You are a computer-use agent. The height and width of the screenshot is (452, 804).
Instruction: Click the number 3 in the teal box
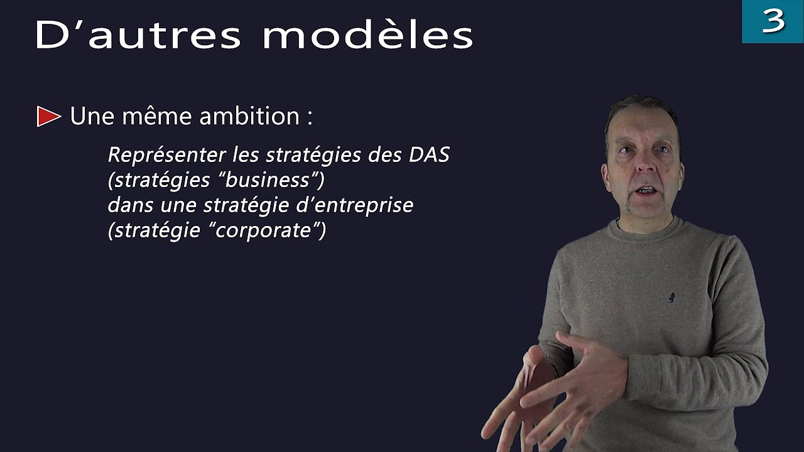[x=773, y=21]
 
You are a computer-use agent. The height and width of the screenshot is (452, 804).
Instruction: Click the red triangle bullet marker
[x=48, y=117]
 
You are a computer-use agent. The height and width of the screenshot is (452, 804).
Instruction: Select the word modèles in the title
[x=367, y=36]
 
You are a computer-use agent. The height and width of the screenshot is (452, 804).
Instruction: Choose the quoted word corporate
[x=263, y=230]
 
